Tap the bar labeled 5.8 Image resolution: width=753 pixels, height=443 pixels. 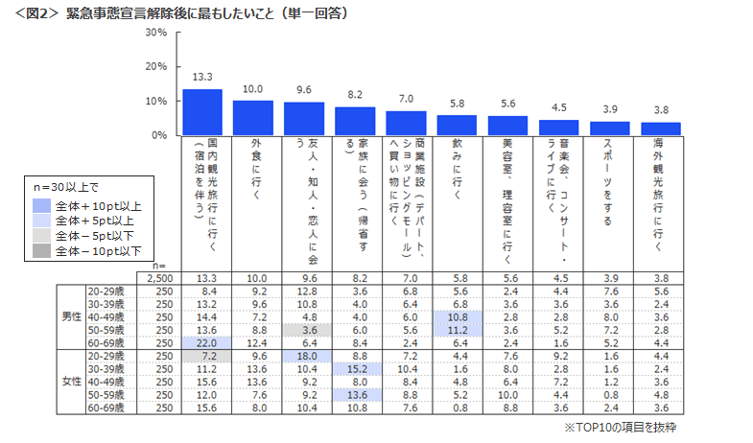coord(457,126)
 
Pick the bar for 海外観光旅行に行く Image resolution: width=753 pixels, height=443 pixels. coord(660,128)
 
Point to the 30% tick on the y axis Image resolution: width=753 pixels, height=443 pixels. coord(156,32)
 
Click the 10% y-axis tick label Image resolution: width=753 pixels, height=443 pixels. coord(156,101)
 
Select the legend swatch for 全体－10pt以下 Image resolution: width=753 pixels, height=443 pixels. coord(41,251)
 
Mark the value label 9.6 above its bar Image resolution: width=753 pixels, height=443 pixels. coord(304,90)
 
